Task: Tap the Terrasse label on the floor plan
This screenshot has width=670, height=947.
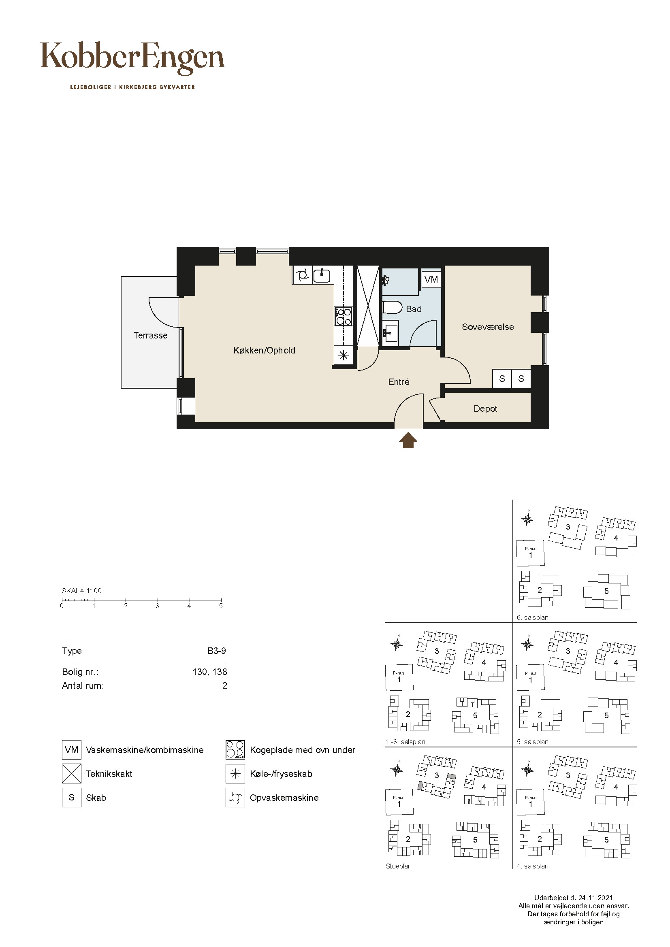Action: click(151, 335)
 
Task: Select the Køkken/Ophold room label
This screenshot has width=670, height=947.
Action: click(265, 350)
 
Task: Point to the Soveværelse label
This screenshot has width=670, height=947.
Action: click(488, 327)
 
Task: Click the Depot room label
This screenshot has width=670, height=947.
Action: click(485, 409)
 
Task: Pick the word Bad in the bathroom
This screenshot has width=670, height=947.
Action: click(414, 309)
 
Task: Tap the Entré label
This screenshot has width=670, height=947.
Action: click(399, 382)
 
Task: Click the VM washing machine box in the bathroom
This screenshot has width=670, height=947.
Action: click(431, 279)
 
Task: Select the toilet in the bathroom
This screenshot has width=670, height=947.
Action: click(393, 307)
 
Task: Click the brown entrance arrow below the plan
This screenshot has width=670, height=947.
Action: click(408, 440)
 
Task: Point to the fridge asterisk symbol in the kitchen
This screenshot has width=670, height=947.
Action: click(343, 355)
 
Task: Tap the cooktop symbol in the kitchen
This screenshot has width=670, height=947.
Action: click(344, 316)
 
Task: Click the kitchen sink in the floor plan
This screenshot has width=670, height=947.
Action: click(322, 275)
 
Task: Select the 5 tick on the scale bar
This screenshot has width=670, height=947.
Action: click(221, 601)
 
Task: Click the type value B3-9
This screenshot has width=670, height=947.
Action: click(217, 651)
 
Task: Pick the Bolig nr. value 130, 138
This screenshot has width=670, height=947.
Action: click(209, 672)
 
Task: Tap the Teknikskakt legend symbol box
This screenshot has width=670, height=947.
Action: click(72, 774)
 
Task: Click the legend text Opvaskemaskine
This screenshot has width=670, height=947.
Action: click(284, 798)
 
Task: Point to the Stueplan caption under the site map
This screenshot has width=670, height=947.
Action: click(399, 866)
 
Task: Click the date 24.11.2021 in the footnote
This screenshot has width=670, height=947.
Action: click(595, 898)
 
